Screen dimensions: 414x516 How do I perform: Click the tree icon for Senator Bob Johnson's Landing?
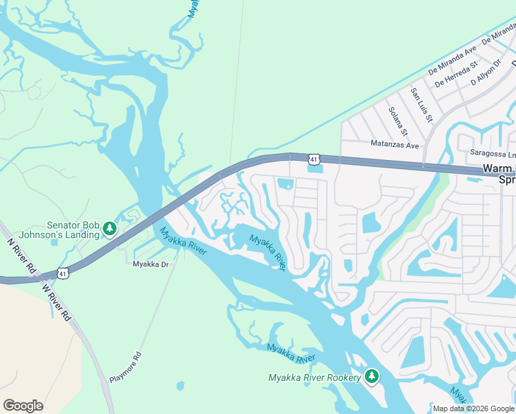point(109,228)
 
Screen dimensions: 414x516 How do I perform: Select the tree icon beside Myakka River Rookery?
point(372,377)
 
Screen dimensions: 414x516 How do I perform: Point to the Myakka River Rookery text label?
point(315,377)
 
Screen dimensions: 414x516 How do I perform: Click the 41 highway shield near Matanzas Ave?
point(314,159)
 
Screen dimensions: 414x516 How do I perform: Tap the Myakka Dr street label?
point(150,263)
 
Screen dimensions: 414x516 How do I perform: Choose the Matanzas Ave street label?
point(395,146)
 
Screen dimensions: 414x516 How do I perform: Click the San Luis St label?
point(421,105)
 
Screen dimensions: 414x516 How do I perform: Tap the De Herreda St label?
point(455,75)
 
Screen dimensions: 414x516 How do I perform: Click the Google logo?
point(23,406)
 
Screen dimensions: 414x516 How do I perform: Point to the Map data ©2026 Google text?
point(473,408)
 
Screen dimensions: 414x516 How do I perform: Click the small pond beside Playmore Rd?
point(180,385)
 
